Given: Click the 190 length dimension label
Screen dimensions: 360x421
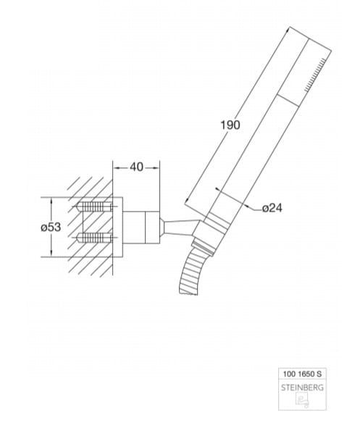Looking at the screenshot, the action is [230, 125].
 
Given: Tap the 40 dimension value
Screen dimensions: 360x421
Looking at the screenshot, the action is [136, 167].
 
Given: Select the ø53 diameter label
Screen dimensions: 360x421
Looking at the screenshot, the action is [51, 227].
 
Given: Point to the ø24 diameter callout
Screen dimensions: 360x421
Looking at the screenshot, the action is [272, 208].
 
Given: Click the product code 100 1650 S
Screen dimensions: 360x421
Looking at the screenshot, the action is [302, 374].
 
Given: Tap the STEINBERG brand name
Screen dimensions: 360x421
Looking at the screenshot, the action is [302, 388].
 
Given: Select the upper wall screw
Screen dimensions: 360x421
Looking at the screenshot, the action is [94, 207].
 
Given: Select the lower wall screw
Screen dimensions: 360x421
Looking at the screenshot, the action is [94, 238].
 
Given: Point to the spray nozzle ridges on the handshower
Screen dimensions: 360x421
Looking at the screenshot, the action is [315, 75].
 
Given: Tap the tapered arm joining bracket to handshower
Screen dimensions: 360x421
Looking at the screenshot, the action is [180, 227].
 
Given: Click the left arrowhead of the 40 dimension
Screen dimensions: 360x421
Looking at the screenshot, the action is [116, 167].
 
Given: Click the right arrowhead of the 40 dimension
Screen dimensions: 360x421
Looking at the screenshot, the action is [156, 167].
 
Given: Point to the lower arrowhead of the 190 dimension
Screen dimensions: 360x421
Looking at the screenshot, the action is [188, 199].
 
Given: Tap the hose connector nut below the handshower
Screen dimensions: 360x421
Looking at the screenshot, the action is [204, 248].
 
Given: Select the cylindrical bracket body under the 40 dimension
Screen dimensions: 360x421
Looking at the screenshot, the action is [141, 228].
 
